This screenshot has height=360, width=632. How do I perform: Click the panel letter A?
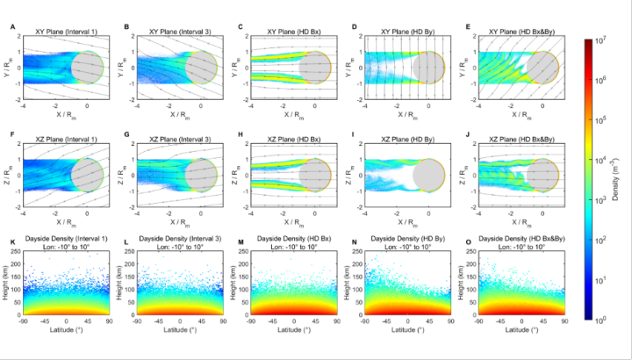point(12,27)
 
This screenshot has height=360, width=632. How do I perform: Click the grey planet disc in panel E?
point(542,68)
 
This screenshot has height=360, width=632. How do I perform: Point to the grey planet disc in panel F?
point(87,176)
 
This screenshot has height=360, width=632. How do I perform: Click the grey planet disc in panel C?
point(315,68)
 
